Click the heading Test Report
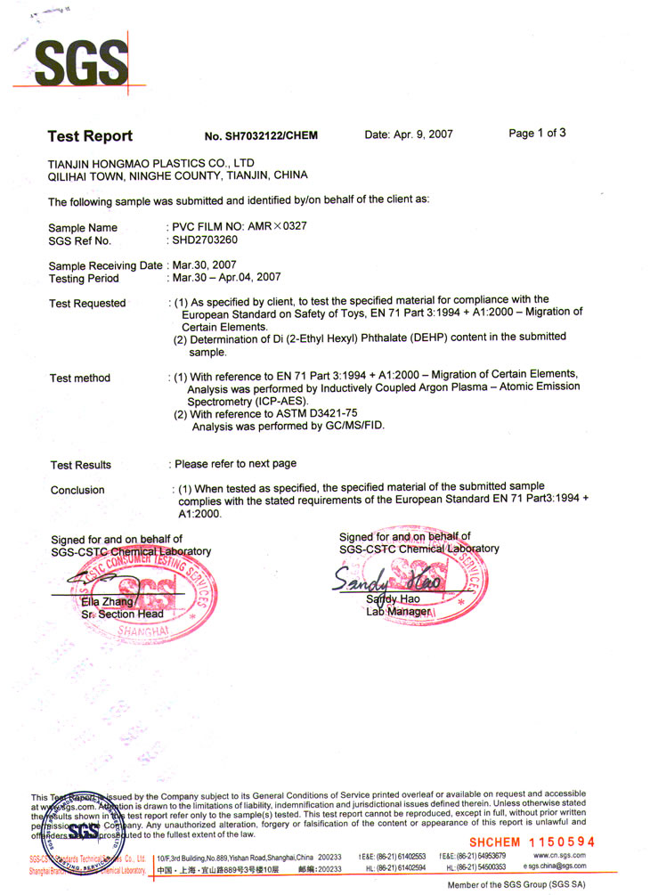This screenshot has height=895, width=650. pyautogui.click(x=90, y=136)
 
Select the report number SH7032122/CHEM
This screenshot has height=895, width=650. pyautogui.click(x=261, y=136)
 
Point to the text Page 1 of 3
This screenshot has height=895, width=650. pyautogui.click(x=537, y=134)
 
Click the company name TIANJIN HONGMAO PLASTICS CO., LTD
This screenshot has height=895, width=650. pyautogui.click(x=151, y=163)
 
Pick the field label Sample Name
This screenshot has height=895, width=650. pyautogui.click(x=83, y=228)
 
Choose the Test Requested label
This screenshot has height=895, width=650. pyautogui.click(x=87, y=304)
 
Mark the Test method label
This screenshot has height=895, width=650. pyautogui.click(x=80, y=378)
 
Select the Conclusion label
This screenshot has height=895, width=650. pyautogui.click(x=77, y=491)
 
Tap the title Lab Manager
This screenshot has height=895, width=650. pyautogui.click(x=399, y=612)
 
